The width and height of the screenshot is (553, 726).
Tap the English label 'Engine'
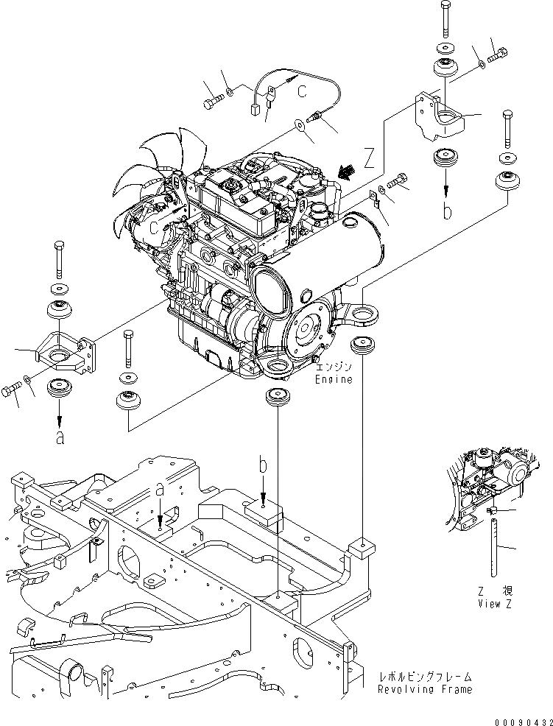click(x=334, y=380)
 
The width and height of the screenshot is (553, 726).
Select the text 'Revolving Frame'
click(x=424, y=690)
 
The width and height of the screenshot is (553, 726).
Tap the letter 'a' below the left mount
click(x=60, y=437)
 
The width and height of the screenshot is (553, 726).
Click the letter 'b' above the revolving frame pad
click(x=264, y=466)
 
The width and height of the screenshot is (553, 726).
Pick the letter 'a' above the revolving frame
click(x=160, y=489)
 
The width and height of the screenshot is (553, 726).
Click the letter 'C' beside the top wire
click(x=302, y=91)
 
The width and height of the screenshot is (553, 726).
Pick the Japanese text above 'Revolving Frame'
click(x=425, y=677)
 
